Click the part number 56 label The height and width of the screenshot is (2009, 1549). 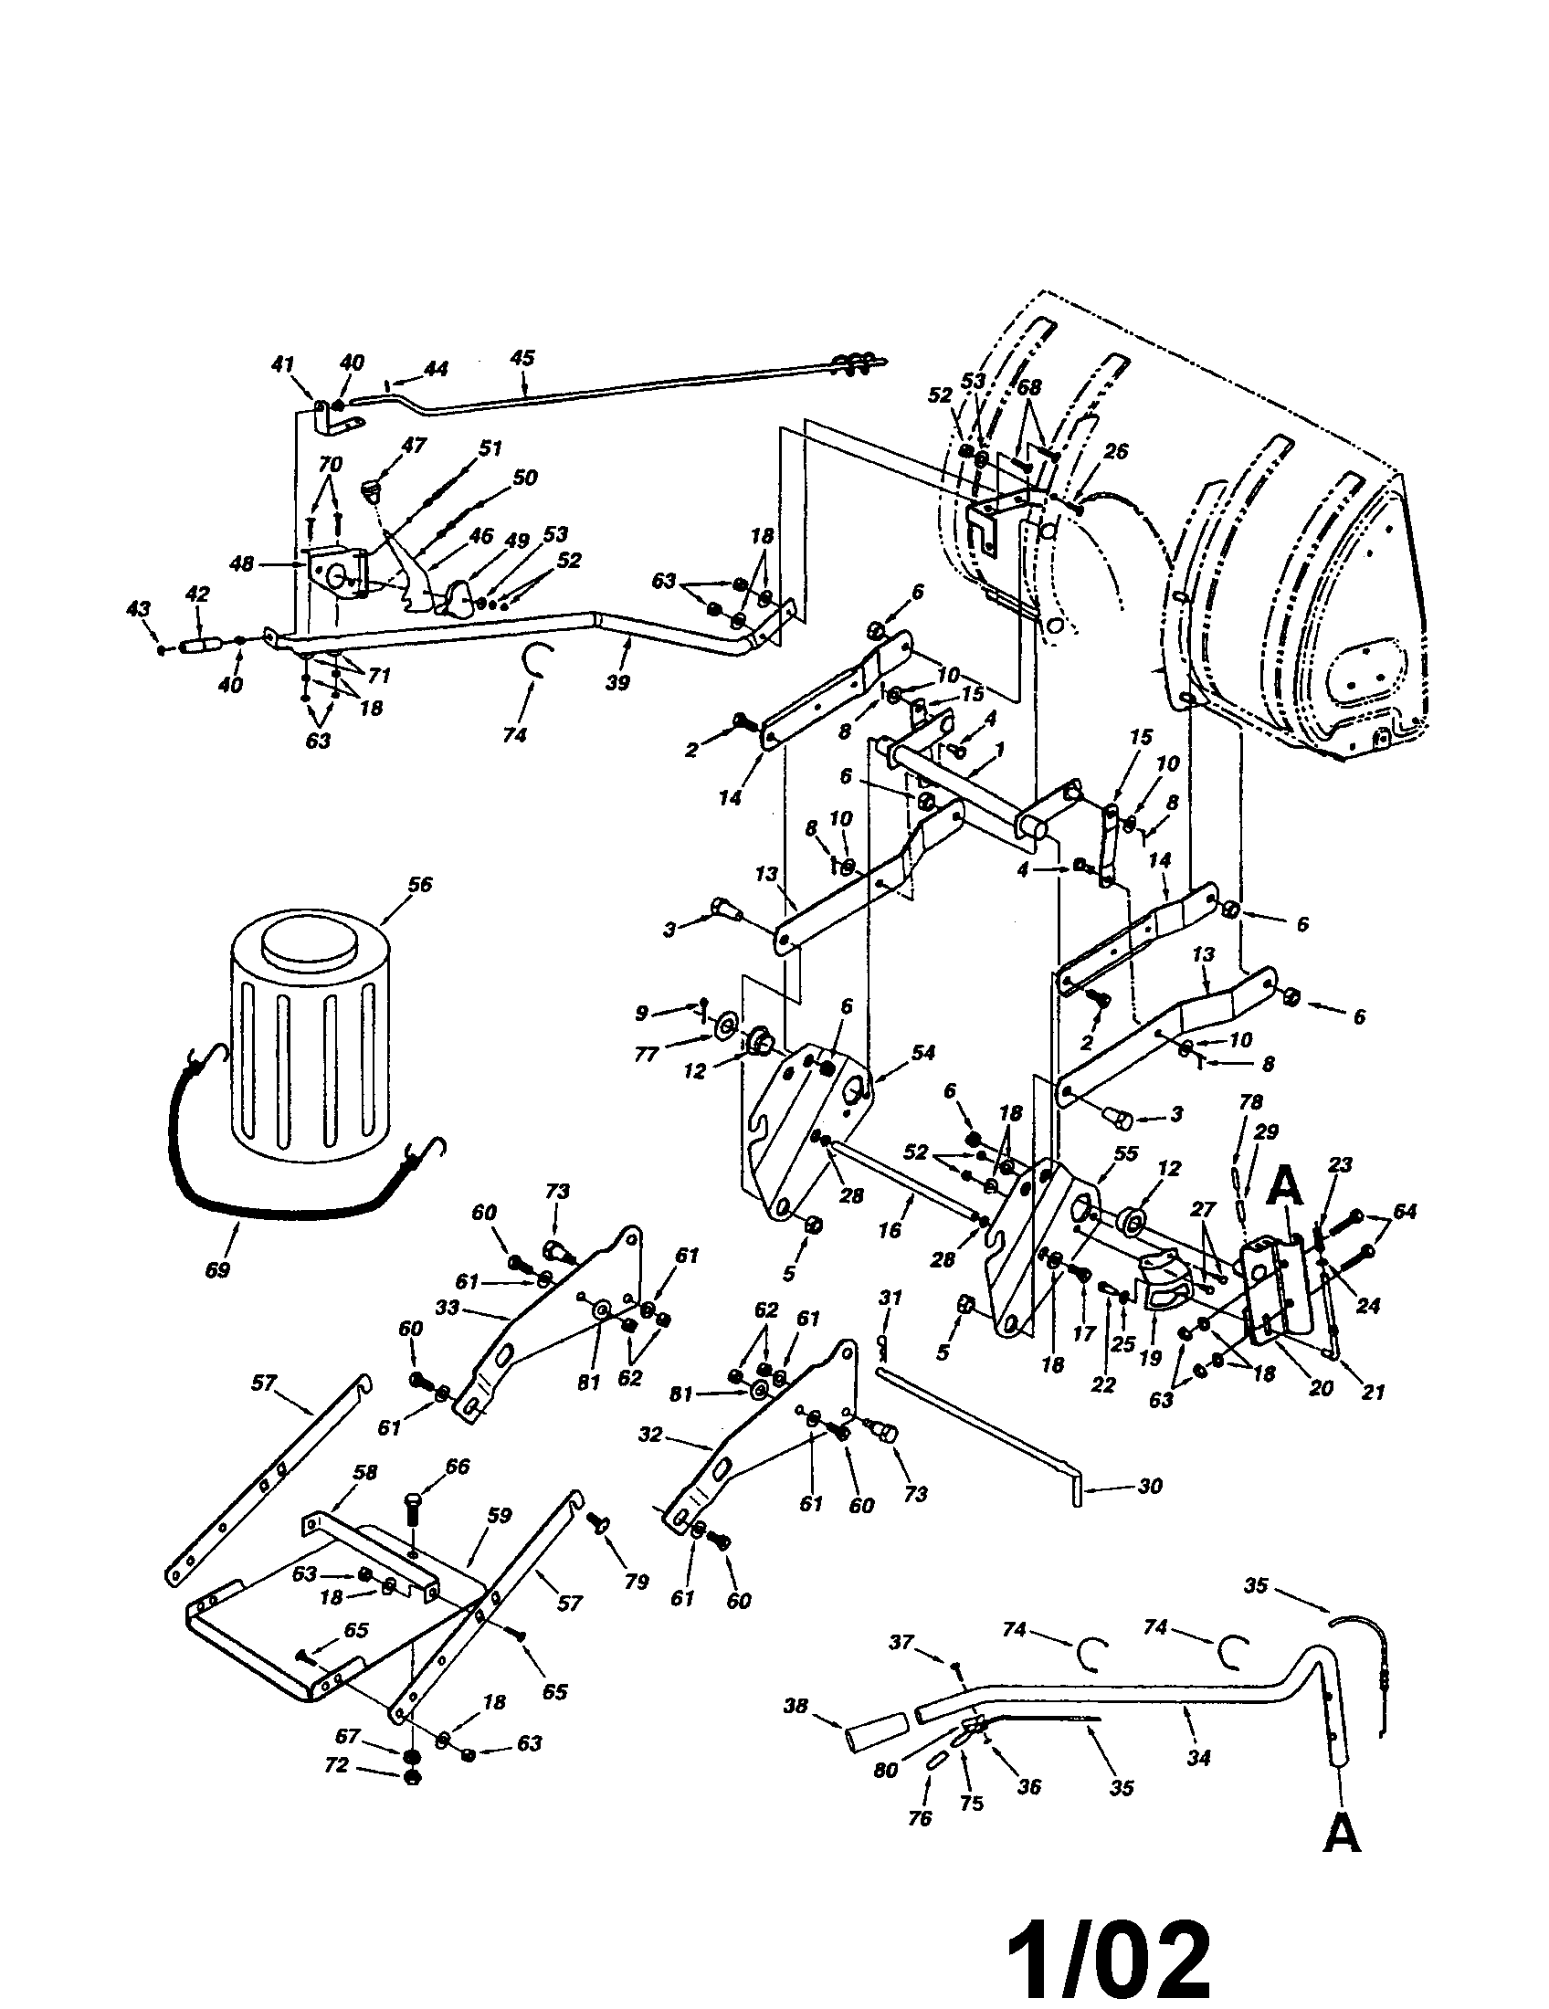pos(420,885)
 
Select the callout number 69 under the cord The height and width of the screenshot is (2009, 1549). pos(217,1270)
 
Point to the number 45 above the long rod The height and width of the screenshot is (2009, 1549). pos(522,358)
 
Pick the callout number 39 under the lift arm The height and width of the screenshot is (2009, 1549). pos(618,683)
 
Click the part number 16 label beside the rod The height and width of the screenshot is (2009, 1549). pos(889,1230)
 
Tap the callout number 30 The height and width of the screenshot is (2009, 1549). pos(1150,1486)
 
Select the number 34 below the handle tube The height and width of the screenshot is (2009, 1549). pos(1198,1758)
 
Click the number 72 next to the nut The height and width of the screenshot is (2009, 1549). pos(337,1765)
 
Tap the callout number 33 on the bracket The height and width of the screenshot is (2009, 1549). pos(447,1306)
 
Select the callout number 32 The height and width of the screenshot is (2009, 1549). pos(650,1434)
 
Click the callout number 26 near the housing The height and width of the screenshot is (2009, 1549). pos(1116,452)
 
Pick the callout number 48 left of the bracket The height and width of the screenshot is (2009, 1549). pos(242,563)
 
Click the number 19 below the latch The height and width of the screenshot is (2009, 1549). pos(1150,1358)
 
